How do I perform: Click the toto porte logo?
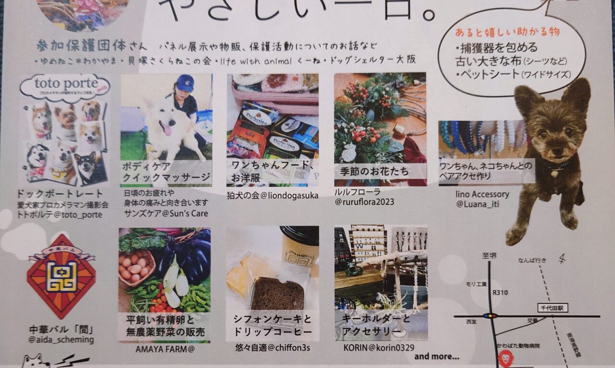[x=65, y=86]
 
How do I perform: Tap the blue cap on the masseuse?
[x=185, y=83]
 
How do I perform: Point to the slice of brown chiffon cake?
[x=278, y=293]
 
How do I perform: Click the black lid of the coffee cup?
[x=300, y=235]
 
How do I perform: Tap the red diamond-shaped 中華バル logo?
[x=61, y=276]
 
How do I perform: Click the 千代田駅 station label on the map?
[x=553, y=308]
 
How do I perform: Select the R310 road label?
[x=500, y=293]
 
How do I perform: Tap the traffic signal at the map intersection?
[x=490, y=316]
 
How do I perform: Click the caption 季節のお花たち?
[x=373, y=171]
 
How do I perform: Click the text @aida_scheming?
[x=61, y=340]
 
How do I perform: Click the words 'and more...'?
[x=436, y=356]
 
